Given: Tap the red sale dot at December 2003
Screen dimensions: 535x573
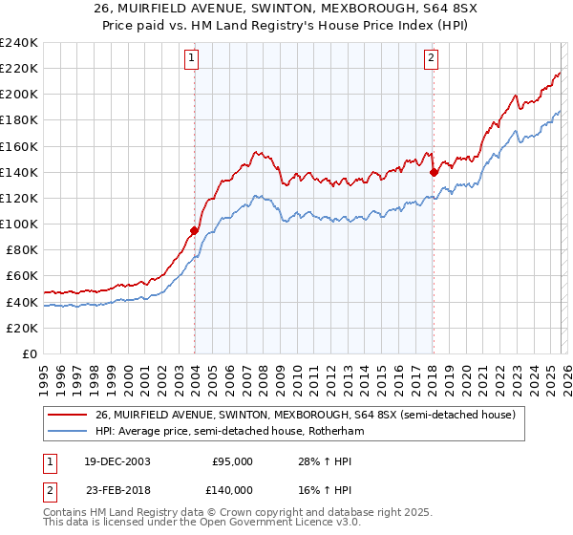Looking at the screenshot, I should (x=194, y=230).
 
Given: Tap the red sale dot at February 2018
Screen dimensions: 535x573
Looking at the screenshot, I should (x=434, y=172).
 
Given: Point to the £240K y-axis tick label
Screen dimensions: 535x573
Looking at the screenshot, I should (x=18, y=43).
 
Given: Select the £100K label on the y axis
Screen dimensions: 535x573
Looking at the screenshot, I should (x=18, y=224).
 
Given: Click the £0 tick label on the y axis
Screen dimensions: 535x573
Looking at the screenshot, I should (x=30, y=353).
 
